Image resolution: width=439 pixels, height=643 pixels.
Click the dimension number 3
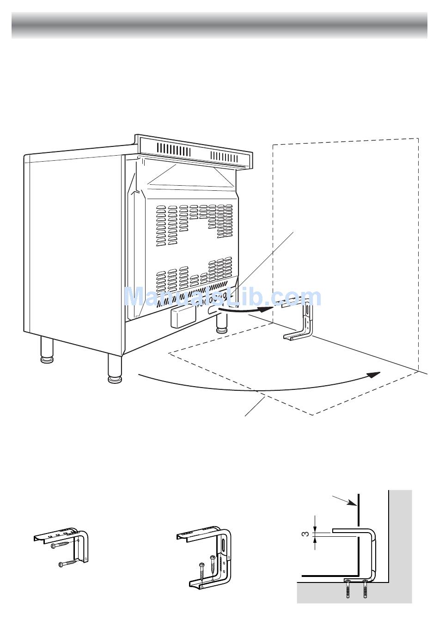point(306,534)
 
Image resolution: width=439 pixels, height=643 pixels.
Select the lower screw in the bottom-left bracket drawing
point(67,564)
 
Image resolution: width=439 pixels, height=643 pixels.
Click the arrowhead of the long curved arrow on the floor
point(374,374)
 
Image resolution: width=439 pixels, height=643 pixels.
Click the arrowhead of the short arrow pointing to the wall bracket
point(266,309)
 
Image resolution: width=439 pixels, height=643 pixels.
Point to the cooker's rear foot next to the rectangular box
point(221,323)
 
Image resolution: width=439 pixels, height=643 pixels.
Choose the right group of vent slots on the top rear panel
point(224,157)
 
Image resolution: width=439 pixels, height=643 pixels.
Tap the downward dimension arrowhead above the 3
point(315,529)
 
